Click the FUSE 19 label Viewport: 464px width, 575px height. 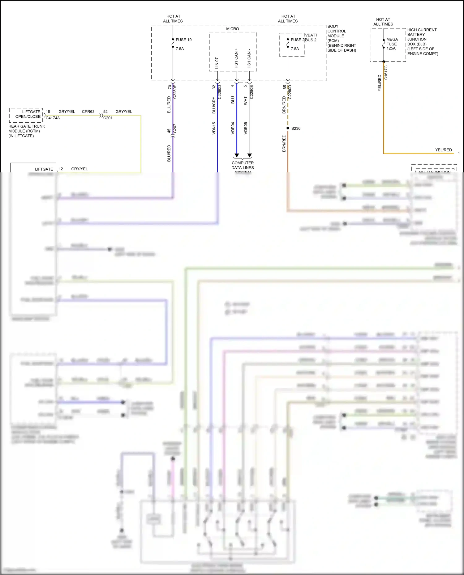[x=183, y=40]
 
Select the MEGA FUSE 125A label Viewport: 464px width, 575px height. [x=392, y=44]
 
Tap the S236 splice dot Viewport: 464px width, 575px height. [x=288, y=128]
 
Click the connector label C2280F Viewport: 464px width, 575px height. [x=175, y=92]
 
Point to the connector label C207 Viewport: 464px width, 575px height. [x=175, y=129]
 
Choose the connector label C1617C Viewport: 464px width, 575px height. [x=386, y=72]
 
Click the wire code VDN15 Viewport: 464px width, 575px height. [x=214, y=128]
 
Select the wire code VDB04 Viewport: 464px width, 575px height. [x=233, y=128]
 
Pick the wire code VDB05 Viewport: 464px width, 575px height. [x=246, y=128]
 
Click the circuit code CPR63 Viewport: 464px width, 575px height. [x=88, y=112]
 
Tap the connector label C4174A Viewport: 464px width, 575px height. [x=53, y=118]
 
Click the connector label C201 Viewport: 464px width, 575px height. [x=108, y=118]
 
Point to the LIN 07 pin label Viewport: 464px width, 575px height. [x=217, y=63]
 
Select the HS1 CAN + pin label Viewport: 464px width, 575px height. [x=236, y=58]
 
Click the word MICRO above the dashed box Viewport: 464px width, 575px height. [x=232, y=29]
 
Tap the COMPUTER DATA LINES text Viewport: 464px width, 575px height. [x=243, y=165]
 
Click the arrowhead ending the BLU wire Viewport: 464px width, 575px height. [x=237, y=155]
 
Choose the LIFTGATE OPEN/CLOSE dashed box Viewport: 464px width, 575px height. [x=26, y=115]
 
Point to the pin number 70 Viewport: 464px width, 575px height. [x=170, y=87]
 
